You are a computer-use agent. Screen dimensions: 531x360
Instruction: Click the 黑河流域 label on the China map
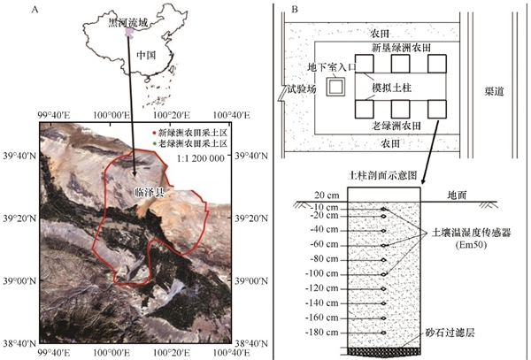coord(128,23)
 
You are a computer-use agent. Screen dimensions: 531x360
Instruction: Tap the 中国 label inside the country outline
coord(146,55)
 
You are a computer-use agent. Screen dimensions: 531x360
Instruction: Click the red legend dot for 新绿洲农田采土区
coord(154,133)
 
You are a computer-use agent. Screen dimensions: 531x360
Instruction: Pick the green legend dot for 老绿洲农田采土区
coord(154,143)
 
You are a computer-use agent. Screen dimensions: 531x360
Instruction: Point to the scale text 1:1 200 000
coord(201,158)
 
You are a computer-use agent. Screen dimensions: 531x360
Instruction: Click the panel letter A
coord(35,10)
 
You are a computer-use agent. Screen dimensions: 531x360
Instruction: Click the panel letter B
coord(295,10)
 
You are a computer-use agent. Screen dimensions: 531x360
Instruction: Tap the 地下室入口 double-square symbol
coord(335,87)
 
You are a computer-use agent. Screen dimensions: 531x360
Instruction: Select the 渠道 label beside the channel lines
coord(494,91)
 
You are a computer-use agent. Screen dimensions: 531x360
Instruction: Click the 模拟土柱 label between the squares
coord(391,88)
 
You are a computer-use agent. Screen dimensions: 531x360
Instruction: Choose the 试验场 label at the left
coord(302,88)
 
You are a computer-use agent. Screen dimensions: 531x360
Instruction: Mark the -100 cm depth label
coord(322,273)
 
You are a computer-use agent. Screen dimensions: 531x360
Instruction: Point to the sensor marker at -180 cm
coord(383,333)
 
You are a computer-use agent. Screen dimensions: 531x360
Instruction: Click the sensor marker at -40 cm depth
coord(383,231)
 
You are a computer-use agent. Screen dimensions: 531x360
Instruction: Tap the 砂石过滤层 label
coord(450,333)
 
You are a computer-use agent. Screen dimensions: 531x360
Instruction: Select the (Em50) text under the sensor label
coord(471,245)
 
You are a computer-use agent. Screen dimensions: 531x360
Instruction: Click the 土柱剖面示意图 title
coord(382,175)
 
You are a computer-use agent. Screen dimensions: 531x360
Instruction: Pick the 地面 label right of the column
coord(458,195)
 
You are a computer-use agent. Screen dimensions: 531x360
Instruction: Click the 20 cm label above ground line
coord(327,195)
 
